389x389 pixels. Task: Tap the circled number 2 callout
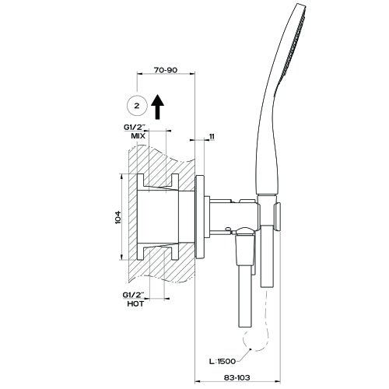tap(136, 103)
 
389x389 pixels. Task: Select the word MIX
tap(139, 136)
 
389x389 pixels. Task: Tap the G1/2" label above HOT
tap(137, 294)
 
